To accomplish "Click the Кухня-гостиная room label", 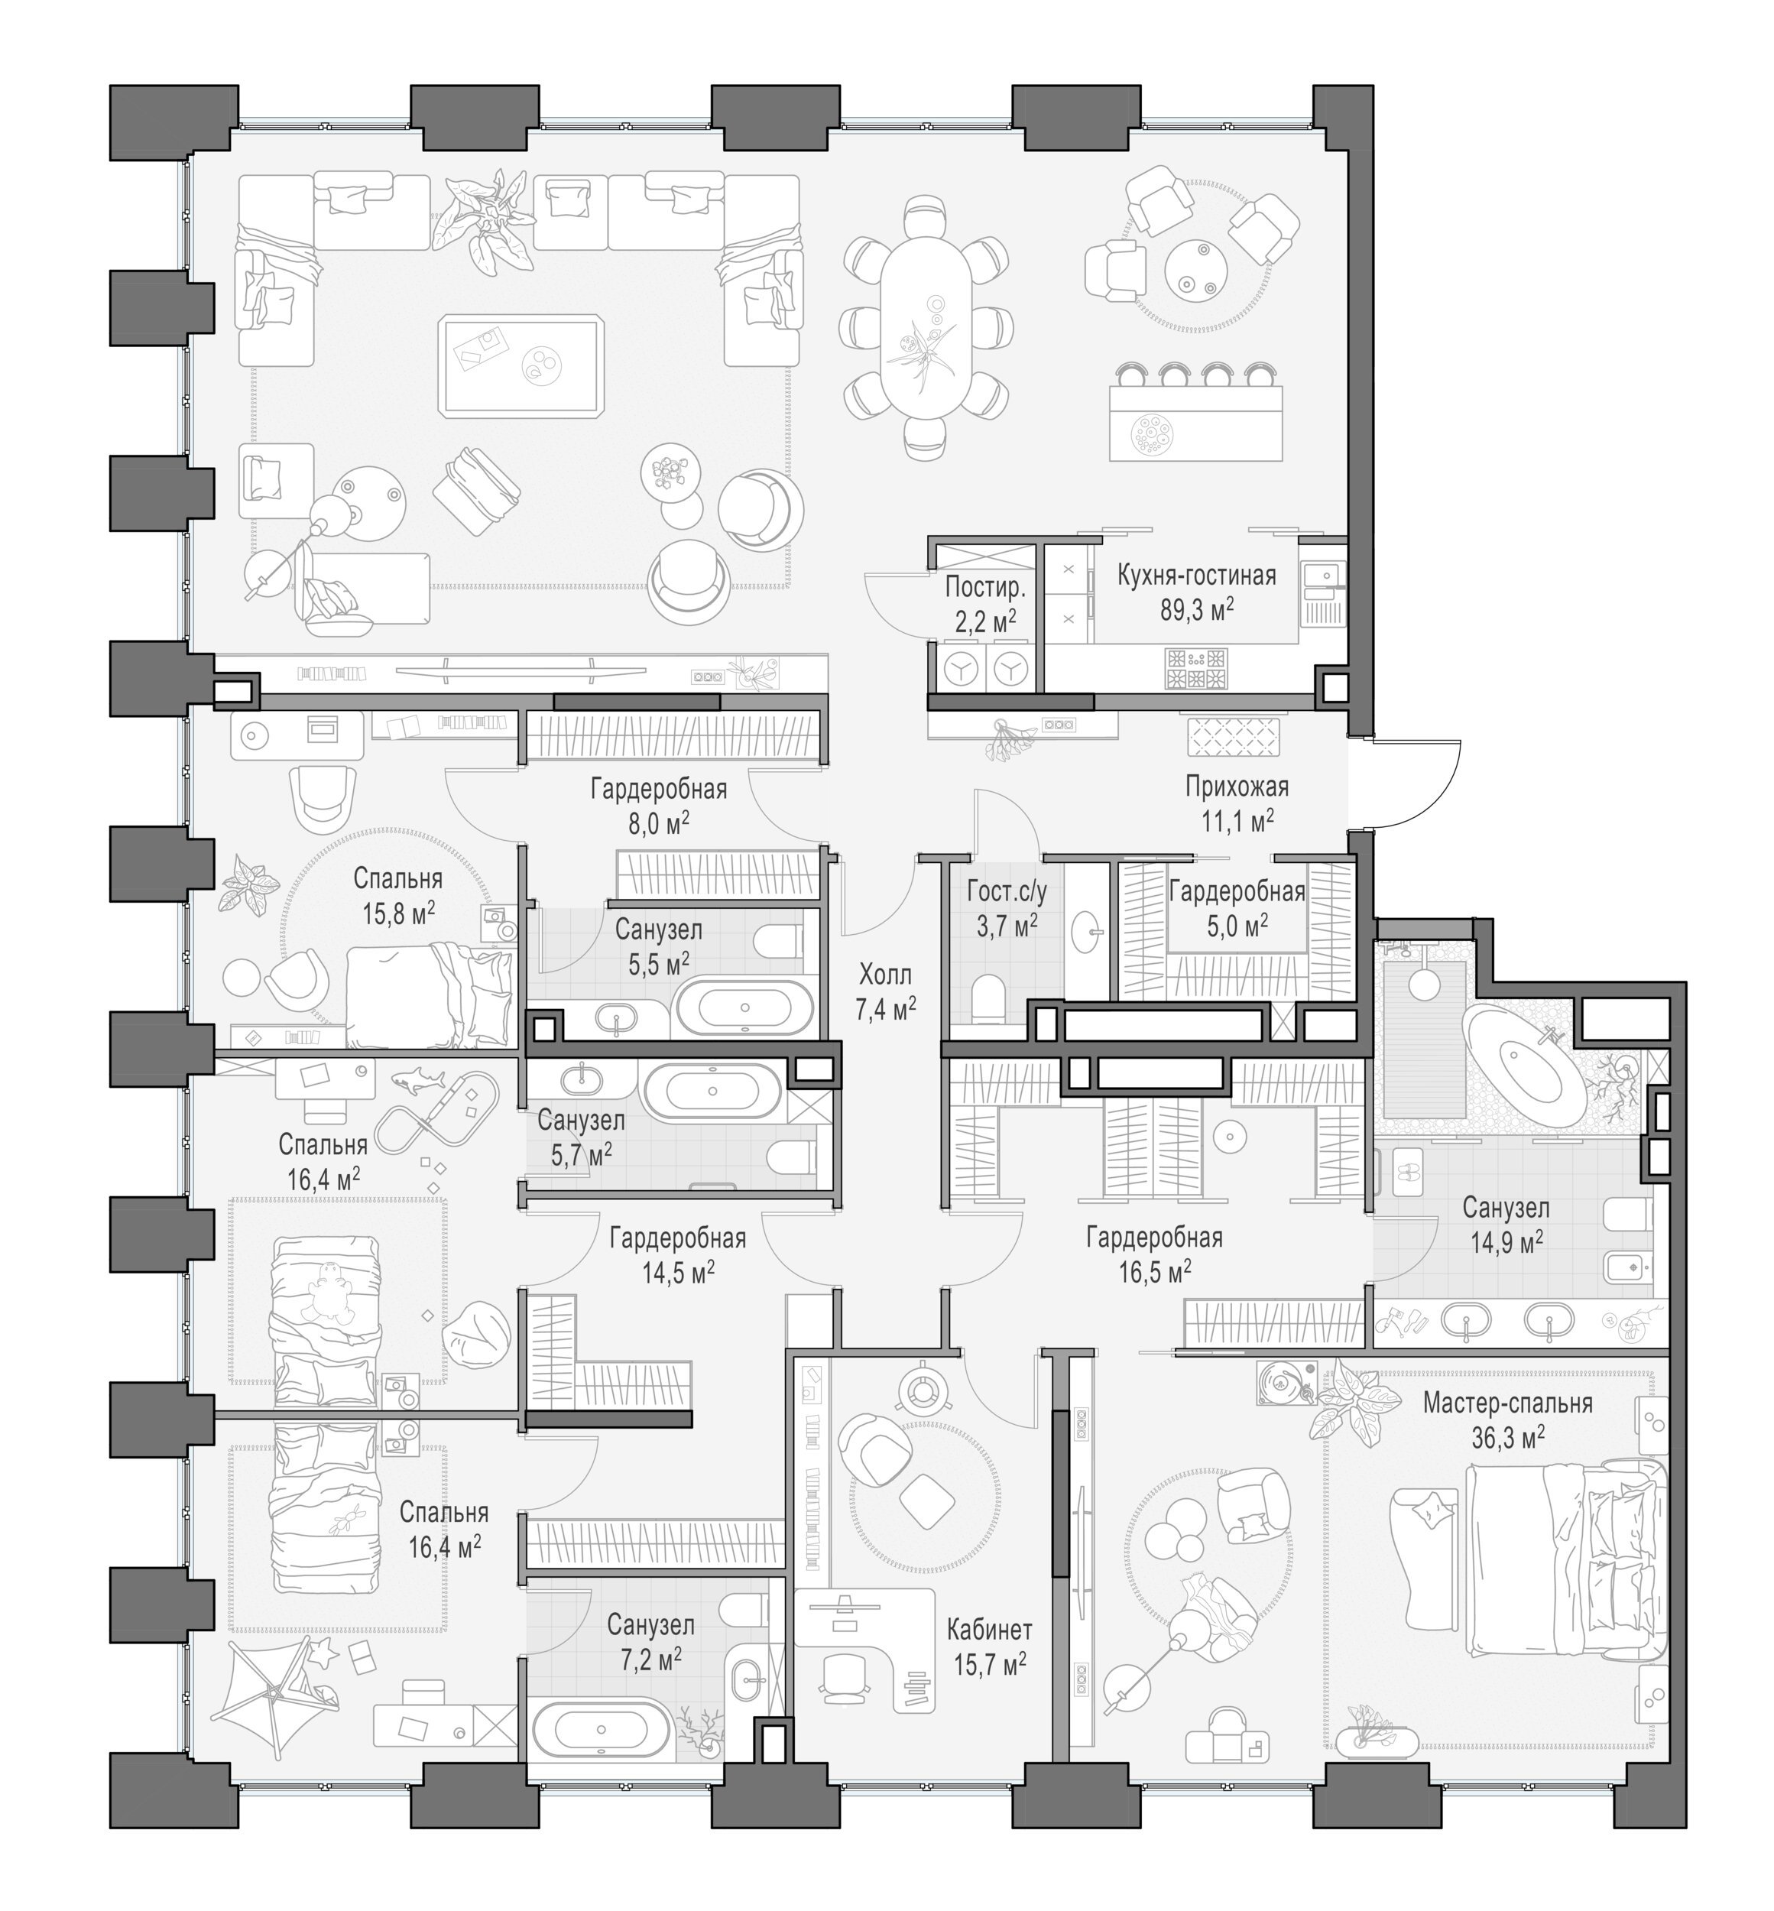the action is point(1196,575).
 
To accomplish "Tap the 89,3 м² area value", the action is point(1196,608).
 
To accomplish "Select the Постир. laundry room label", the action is point(985,586).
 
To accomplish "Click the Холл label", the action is point(885,975).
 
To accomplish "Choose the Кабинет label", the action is point(990,1629).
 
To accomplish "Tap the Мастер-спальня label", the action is point(1507,1403).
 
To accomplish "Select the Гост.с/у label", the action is point(1007,891).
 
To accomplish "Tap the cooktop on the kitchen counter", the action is point(1196,668).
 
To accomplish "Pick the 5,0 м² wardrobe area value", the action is point(1237,925).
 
